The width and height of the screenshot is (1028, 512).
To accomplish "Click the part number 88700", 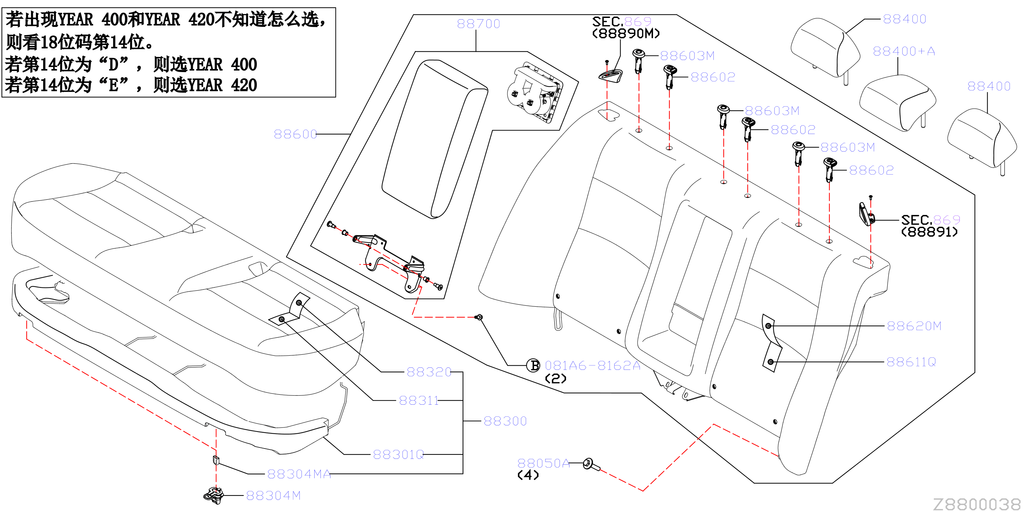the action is pos(478,24).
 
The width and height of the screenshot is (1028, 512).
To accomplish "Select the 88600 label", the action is pos(295,134).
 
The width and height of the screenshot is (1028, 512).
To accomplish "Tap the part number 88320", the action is pos(429,372).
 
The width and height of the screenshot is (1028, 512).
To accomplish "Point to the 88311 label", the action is pos(419,400).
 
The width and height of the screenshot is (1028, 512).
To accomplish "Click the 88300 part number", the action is pos(505,421).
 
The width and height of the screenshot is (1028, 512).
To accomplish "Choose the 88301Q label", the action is pos(398,454).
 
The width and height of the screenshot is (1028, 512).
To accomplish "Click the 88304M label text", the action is pos(273,496).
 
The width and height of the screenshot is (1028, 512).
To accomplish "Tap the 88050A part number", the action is pos(544,463).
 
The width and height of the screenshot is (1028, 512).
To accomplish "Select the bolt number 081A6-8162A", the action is pos(593,366).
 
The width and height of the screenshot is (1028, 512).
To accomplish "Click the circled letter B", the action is pos(534,365).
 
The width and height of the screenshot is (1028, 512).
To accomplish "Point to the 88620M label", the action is pos(914,326).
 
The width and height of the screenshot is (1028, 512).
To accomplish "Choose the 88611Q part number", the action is pos(911,362).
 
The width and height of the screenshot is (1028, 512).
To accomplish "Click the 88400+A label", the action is pos(904,51).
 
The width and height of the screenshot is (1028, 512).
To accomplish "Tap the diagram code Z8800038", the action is pos(977,504).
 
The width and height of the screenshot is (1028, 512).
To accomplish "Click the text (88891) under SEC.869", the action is pos(929,232).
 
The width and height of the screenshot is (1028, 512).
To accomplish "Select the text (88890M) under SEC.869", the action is pos(626,33).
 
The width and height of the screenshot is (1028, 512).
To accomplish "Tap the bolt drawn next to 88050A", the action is pos(591,464).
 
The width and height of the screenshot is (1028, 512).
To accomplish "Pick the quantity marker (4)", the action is pos(528,475).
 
